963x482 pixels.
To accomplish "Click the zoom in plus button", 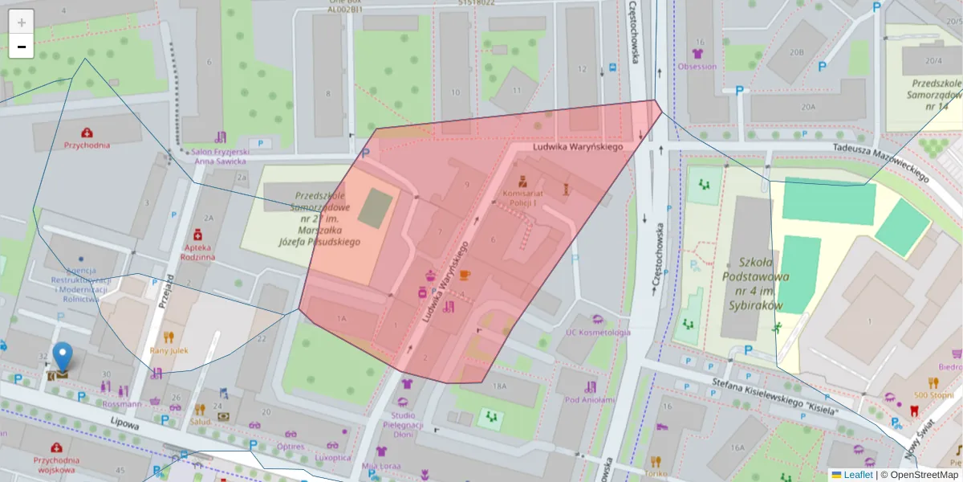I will (x=21, y=22).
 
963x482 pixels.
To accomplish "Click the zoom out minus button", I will (x=21, y=47).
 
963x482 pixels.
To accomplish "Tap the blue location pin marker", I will (x=62, y=356).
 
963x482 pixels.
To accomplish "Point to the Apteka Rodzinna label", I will (x=197, y=252).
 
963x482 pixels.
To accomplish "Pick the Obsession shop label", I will (x=697, y=66).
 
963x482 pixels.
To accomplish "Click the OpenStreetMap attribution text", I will (x=923, y=475).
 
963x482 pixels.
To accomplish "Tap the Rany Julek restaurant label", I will (x=169, y=350).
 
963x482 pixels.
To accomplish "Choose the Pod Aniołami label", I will (x=590, y=399).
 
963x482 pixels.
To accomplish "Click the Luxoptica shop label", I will (x=332, y=457).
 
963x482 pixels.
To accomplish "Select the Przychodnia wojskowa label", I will (x=56, y=464).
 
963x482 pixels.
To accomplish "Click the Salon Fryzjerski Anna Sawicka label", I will (x=222, y=156).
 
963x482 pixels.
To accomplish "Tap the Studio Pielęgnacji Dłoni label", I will (x=403, y=424).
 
